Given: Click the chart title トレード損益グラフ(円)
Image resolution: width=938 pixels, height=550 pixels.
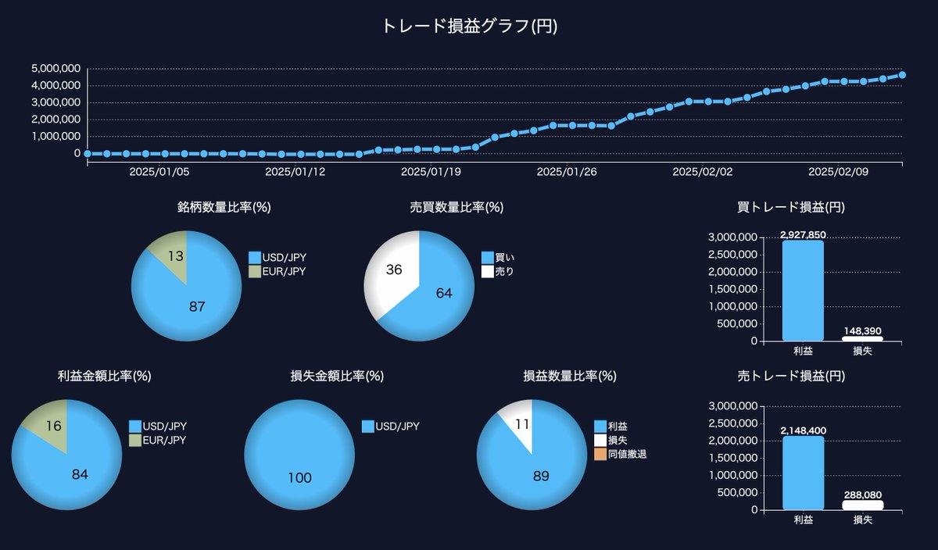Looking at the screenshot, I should click(469, 26).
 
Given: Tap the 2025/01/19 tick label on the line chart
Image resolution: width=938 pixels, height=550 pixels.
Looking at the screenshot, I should click(431, 172).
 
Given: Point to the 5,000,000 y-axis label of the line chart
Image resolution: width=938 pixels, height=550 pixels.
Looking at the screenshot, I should click(55, 68).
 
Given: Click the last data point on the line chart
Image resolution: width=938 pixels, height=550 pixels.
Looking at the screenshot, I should click(902, 75).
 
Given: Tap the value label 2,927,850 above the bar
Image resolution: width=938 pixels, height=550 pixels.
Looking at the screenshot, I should click(803, 234).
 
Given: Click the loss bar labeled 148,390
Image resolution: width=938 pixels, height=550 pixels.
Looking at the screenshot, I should click(862, 339).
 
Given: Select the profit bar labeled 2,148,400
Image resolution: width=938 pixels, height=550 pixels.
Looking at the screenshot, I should click(803, 473).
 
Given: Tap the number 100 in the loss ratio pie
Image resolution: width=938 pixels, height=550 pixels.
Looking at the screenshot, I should click(299, 478).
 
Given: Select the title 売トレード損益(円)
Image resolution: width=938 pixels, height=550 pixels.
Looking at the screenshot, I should click(791, 376).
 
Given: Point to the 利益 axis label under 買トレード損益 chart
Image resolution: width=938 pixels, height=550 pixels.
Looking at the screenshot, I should click(803, 352).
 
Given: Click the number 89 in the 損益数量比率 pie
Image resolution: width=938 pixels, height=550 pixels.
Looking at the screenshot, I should click(541, 476).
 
